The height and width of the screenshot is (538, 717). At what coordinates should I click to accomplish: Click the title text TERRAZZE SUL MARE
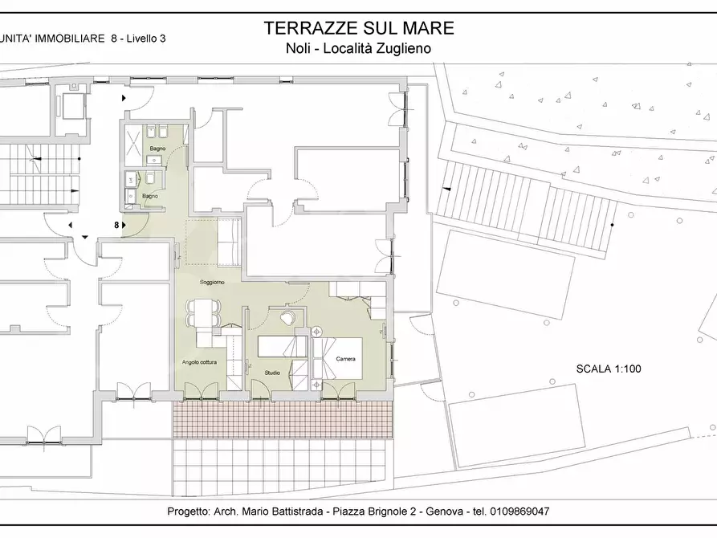(359, 28)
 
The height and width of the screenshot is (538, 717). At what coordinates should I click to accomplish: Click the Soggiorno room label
(213, 283)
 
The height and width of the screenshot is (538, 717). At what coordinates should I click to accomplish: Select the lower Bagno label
(150, 196)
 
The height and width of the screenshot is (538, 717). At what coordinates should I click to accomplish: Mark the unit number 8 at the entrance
(116, 226)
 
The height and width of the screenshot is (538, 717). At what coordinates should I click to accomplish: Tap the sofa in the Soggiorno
(230, 245)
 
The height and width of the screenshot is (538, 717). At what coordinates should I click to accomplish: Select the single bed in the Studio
(282, 347)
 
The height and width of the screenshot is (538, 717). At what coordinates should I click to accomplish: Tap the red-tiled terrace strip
(280, 419)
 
